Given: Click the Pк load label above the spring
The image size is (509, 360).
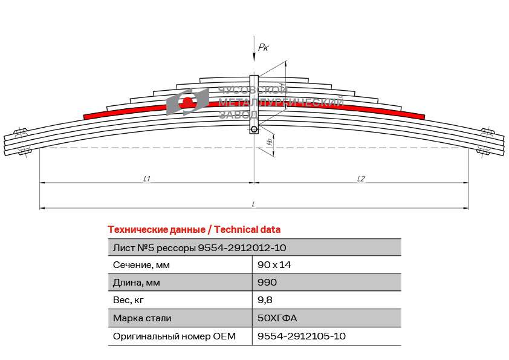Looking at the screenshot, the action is (x=263, y=48).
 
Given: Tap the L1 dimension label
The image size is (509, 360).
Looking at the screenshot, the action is (x=147, y=178).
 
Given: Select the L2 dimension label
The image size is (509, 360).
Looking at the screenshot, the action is (x=361, y=178).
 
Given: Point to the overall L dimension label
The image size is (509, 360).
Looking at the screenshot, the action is (x=253, y=204).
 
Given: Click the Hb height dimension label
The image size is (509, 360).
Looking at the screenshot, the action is (x=269, y=142).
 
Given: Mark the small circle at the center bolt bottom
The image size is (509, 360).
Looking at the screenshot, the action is (x=254, y=129).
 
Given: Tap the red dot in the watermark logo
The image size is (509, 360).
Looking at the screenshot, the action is (x=187, y=102).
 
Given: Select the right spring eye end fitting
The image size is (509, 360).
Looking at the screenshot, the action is (x=488, y=142).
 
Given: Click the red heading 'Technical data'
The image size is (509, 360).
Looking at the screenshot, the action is (x=247, y=230).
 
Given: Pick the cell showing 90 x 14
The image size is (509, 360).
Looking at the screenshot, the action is (x=274, y=265).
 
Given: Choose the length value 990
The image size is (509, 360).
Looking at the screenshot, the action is (x=267, y=283).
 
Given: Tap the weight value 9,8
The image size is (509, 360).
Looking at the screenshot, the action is (x=265, y=300).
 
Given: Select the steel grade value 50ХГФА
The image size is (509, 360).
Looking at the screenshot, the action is (x=277, y=318).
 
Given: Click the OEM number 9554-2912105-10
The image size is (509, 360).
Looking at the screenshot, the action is (x=301, y=336).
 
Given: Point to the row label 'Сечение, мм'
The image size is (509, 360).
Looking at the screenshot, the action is (x=141, y=265).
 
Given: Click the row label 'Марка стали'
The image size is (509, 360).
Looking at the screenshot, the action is (x=142, y=318).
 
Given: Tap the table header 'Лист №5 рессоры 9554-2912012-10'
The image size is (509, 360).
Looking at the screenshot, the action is (x=199, y=248).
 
